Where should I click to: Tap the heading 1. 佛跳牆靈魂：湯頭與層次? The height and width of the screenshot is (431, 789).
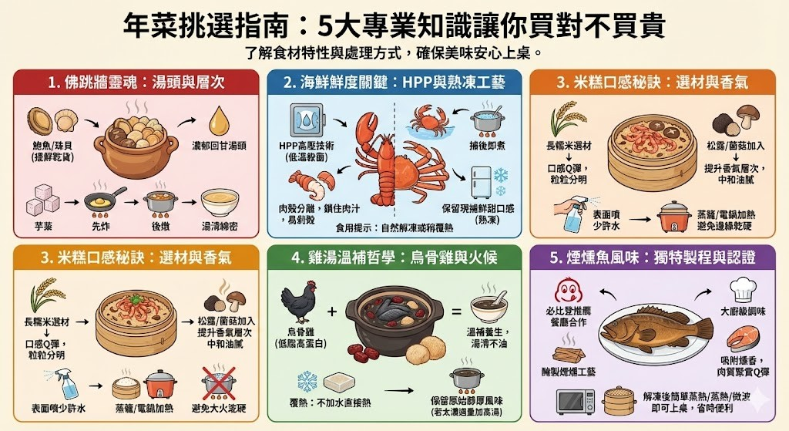tap(135, 82)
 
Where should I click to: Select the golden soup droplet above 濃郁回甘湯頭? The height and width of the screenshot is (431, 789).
tap(220, 120)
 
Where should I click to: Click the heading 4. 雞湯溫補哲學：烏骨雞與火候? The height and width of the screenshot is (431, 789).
tap(394, 258)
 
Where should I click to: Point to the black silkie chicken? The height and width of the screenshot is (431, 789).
tap(296, 303)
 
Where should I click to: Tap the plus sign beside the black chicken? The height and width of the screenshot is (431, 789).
tap(331, 311)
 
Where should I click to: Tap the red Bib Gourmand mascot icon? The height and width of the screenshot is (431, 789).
tap(569, 292)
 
